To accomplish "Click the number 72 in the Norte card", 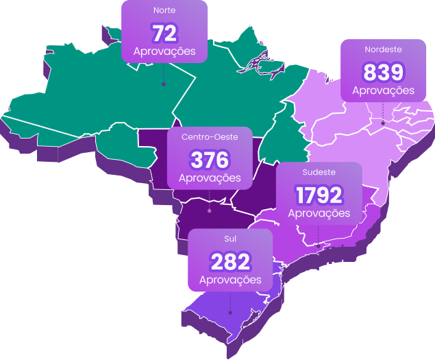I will coord(164,33).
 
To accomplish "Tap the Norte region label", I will coord(164,12).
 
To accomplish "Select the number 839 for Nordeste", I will coord(384,72).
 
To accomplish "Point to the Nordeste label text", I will coord(384,49).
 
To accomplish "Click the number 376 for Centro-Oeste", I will coord(210,160).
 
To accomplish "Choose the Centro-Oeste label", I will coord(210,137).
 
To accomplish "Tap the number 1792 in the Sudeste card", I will coord(319,195).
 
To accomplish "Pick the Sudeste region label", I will coord(319,172).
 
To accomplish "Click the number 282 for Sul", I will coord(230,261).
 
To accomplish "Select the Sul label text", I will coord(230,239).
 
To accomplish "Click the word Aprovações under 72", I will coord(164,51).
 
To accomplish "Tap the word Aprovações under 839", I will coord(384,90).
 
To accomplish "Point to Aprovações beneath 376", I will coord(210,178).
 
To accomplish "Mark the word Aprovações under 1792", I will coord(319,213).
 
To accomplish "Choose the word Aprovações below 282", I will coord(230,280).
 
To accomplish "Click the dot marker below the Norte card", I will coord(164,84).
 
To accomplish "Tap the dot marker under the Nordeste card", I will coord(383,123).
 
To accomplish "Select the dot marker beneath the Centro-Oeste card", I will coord(210,211).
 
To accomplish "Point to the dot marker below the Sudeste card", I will coord(319,246).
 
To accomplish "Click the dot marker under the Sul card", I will coord(230,313).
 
